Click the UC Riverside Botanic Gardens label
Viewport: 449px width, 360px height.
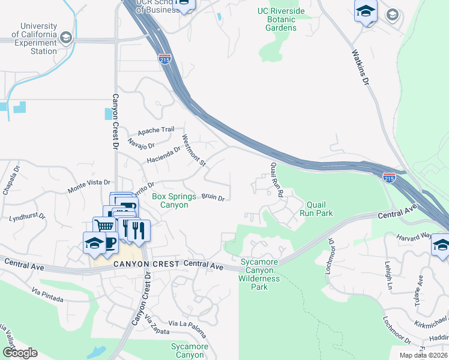285,19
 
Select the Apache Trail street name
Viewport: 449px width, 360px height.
155,130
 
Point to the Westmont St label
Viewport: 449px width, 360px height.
194,151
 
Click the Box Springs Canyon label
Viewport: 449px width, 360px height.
173,200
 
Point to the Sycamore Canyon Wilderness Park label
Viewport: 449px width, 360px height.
261,274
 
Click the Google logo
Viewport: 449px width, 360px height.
20,353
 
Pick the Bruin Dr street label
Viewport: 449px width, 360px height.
212,197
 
